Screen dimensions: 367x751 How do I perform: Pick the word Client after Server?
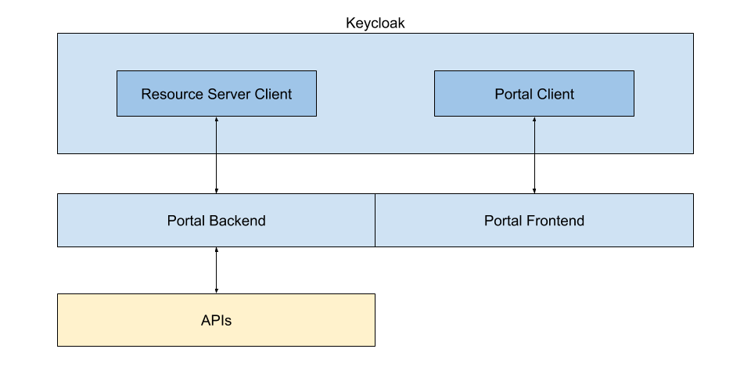coord(272,95)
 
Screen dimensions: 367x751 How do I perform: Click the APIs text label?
coord(216,320)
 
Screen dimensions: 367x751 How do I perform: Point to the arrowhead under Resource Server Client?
coord(216,120)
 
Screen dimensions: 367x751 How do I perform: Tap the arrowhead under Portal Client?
coord(535,120)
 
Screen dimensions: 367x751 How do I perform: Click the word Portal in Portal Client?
coord(513,95)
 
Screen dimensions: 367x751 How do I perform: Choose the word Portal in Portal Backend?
coord(186,221)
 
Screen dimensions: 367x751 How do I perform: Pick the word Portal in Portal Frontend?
coord(503,221)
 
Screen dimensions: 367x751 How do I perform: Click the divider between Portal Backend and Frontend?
coord(375,220)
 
